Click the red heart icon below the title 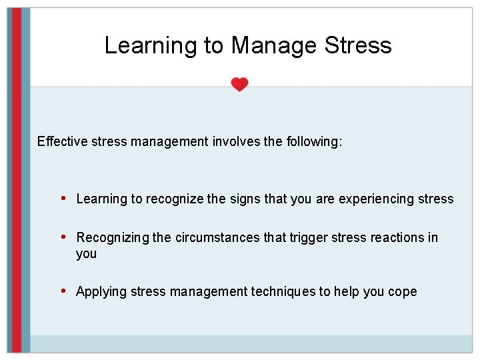(x=239, y=84)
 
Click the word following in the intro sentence (x=313, y=141)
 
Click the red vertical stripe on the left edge (x=17, y=180)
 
